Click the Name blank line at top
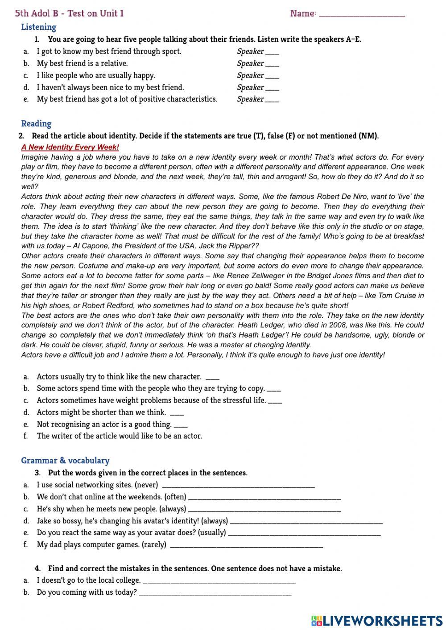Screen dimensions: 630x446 point(362,14)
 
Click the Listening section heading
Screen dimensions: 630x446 point(39,27)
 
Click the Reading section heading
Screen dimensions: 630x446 point(36,124)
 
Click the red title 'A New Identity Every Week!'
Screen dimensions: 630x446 point(70,147)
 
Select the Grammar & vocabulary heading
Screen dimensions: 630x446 point(65,461)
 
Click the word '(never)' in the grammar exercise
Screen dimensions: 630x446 point(146,485)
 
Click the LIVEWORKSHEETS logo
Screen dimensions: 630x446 point(377,620)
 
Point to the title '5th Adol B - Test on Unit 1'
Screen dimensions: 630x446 point(70,13)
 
